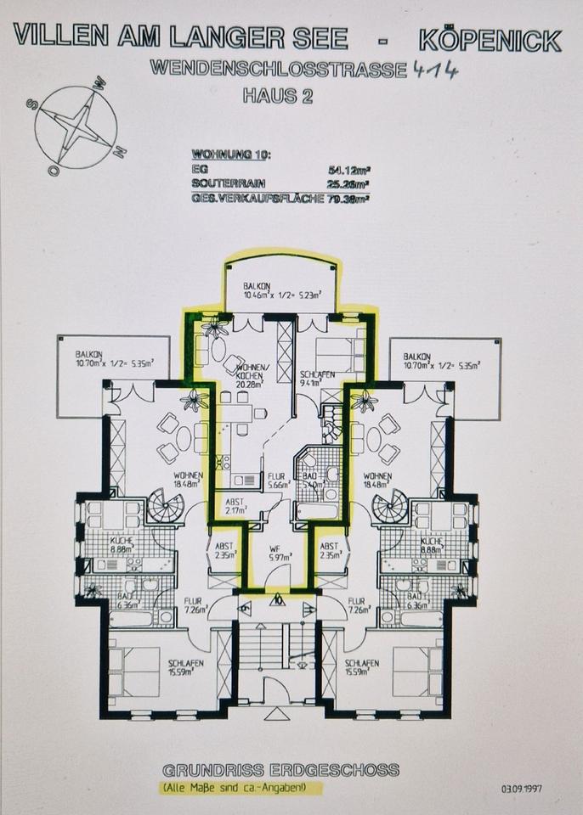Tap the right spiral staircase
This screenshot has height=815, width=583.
pos(388,508)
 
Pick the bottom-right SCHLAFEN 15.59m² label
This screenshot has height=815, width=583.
pos(363,666)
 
